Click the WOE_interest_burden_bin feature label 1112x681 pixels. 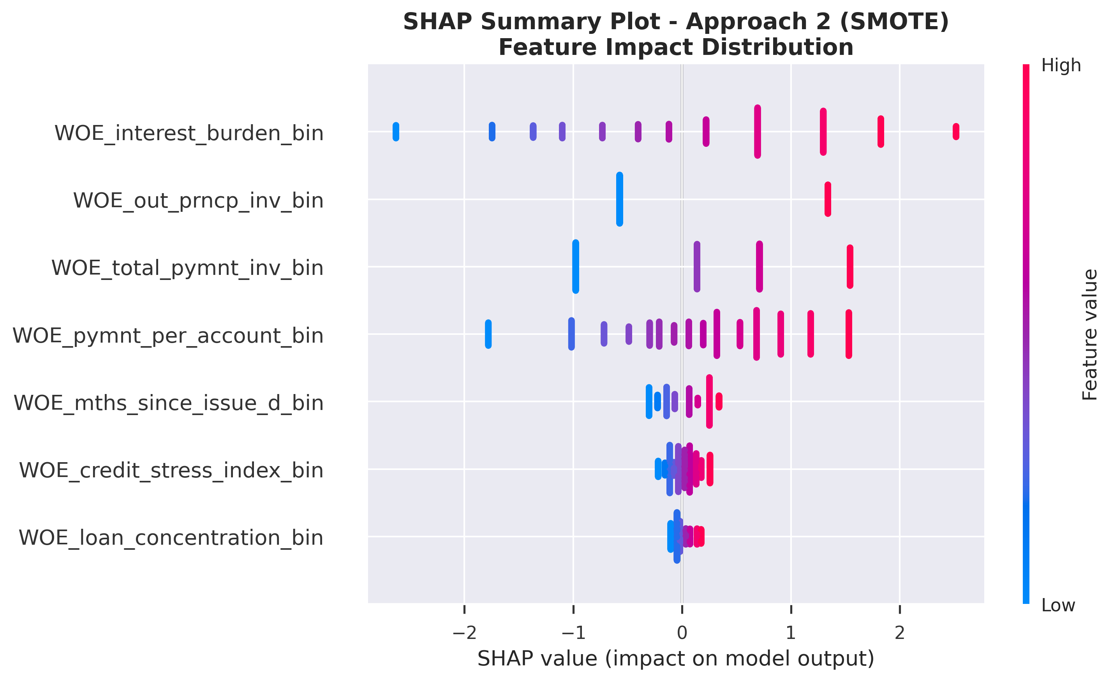coord(189,134)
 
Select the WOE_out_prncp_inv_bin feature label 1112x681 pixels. coord(198,201)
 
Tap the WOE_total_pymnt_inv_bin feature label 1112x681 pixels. coord(187,268)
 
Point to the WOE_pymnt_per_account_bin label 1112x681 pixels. coord(168,336)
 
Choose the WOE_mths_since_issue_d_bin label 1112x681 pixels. coord(168,403)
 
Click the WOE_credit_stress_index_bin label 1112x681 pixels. coord(171,471)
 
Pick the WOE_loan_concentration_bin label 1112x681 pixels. coord(171,538)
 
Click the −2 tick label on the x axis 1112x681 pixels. coord(464,633)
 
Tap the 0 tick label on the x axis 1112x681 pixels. coord(682,633)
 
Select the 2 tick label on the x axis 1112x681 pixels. coord(899,633)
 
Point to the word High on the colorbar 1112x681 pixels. coord(1061,66)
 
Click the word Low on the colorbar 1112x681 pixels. coord(1058,605)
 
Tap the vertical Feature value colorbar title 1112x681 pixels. coord(1090,334)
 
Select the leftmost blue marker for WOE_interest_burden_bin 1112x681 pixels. coord(396,132)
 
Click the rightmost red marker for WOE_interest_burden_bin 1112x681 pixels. coord(956,132)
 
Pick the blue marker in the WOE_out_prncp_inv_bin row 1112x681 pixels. coord(619,199)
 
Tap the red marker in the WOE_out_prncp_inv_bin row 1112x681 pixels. coord(828,199)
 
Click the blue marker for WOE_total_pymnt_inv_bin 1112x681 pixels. coord(575,266)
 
